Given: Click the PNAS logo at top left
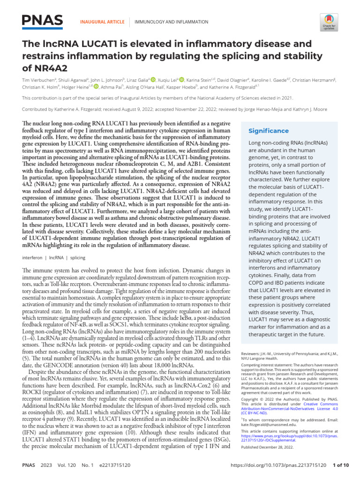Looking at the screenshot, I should [42, 20].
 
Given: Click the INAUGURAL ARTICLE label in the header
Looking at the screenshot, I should [103, 22].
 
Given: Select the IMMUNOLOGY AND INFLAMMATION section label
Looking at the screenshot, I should [171, 22].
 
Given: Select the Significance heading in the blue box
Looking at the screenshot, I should [268, 131].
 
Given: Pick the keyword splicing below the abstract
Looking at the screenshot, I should [78, 258].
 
